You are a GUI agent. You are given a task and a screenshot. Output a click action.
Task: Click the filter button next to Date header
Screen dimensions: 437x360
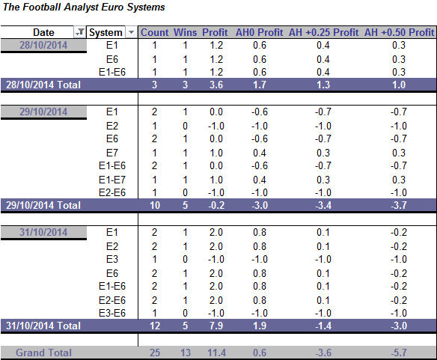[80, 32]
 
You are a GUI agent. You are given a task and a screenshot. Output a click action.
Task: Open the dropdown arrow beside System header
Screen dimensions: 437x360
[131, 32]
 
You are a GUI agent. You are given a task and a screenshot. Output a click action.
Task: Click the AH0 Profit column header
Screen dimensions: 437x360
[259, 32]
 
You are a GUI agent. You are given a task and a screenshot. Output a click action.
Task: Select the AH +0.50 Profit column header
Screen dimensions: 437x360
[399, 32]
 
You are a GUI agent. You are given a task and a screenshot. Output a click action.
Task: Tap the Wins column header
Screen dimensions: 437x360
[185, 32]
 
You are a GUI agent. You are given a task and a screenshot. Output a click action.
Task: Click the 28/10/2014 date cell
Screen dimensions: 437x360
[43, 45]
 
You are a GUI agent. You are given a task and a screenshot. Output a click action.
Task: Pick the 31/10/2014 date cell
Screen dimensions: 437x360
[43, 232]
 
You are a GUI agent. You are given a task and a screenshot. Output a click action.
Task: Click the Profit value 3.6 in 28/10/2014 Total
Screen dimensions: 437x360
[216, 85]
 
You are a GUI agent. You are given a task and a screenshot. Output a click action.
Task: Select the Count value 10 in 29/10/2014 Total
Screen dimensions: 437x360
[155, 205]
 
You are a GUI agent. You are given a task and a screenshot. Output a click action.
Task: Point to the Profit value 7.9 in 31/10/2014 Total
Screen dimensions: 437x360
[216, 326]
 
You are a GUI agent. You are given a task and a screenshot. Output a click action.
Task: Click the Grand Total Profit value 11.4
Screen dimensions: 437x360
[216, 353]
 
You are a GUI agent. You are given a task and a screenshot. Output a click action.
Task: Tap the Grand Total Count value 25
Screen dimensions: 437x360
[155, 353]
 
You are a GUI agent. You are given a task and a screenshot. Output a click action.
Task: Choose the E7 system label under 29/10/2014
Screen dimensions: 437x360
[112, 153]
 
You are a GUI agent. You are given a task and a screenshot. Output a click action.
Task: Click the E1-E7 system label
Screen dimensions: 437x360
[112, 180]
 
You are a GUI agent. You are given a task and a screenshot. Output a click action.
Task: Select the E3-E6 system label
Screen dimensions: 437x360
[112, 313]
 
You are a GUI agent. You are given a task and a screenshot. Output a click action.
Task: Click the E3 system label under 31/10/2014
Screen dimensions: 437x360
[112, 259]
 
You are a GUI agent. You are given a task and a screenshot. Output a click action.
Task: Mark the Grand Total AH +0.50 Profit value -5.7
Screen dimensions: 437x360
[399, 353]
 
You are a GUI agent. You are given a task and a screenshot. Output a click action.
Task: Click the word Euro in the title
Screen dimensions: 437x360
[112, 7]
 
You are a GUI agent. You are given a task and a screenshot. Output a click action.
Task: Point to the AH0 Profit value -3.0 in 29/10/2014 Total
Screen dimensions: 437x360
[260, 205]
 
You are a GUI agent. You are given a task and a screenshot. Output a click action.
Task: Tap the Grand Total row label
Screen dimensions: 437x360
[43, 353]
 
